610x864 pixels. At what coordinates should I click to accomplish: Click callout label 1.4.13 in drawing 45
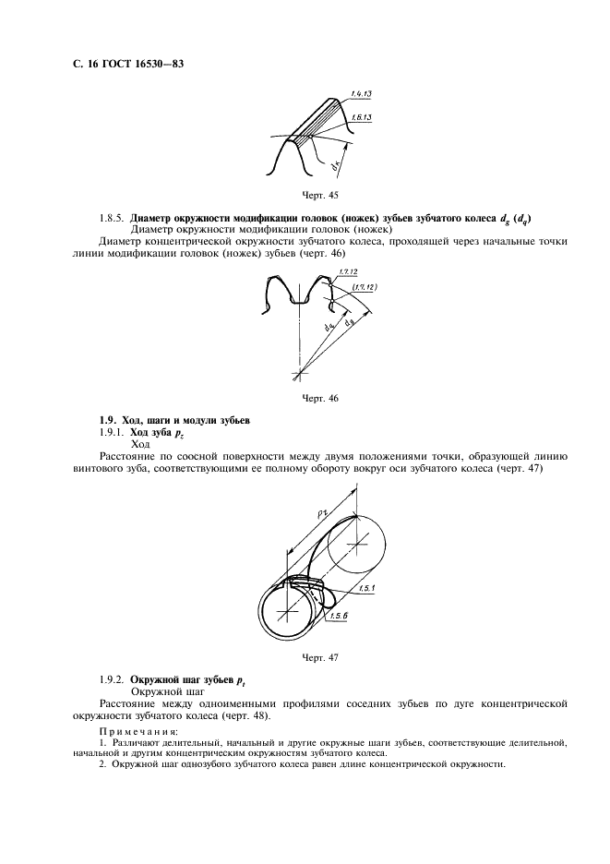pyautogui.click(x=362, y=93)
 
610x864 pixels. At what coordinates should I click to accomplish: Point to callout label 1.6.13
pyautogui.click(x=362, y=119)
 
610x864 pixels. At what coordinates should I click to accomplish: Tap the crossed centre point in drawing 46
pyautogui.click(x=298, y=374)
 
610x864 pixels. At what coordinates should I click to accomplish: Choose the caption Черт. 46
pyautogui.click(x=319, y=398)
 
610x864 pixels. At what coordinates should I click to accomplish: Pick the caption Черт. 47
pyautogui.click(x=319, y=657)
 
